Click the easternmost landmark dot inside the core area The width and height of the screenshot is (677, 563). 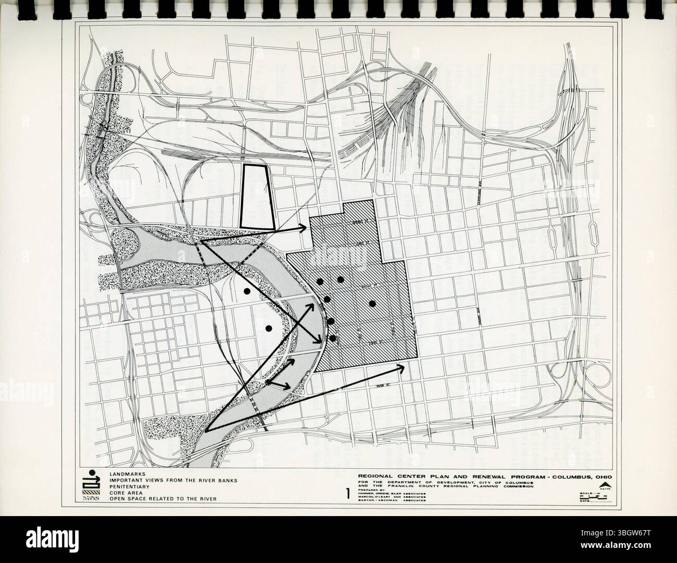point(372,303)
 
